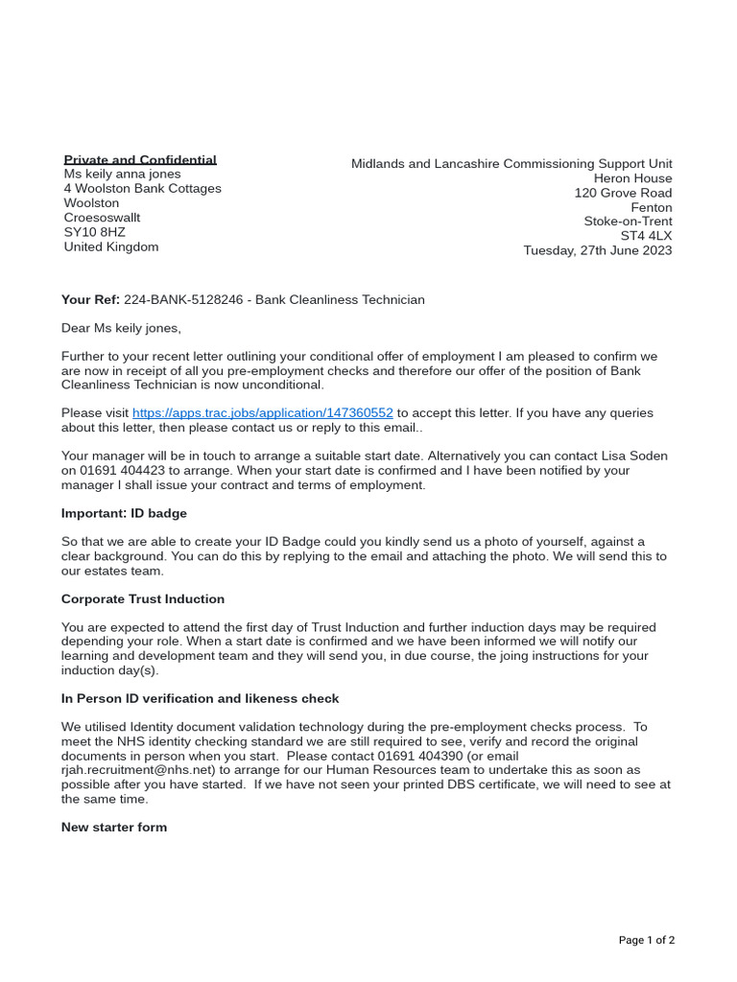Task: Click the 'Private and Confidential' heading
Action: tap(140, 160)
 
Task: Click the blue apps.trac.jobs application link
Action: tap(262, 413)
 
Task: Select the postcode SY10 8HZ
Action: tap(94, 232)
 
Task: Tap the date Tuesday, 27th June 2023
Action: tap(597, 250)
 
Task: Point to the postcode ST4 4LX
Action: tap(646, 236)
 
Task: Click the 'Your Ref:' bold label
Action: tap(90, 300)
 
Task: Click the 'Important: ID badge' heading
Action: tap(124, 513)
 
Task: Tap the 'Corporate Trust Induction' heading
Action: tap(143, 599)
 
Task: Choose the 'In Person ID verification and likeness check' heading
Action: tap(200, 699)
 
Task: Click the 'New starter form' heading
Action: tap(114, 827)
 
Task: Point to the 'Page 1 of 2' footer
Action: tap(646, 940)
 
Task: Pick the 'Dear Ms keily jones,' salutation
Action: tap(121, 328)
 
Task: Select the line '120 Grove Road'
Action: tap(623, 193)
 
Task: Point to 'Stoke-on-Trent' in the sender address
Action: tap(628, 222)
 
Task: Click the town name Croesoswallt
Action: tap(102, 218)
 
